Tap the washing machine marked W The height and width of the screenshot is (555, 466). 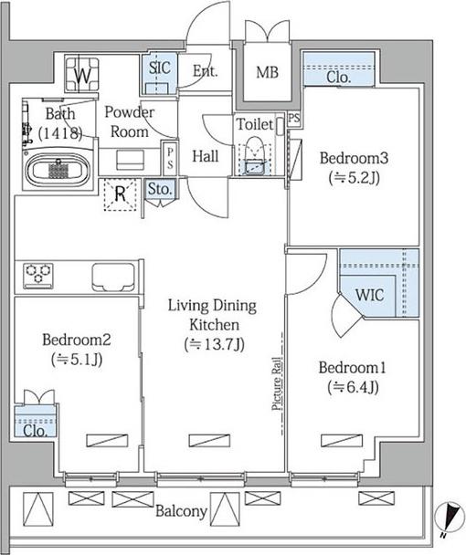(x=82, y=74)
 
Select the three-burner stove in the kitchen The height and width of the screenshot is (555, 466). (x=38, y=276)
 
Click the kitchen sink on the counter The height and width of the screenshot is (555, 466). (x=113, y=277)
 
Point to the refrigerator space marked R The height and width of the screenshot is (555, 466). (x=120, y=194)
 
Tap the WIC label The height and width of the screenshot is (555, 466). (x=370, y=295)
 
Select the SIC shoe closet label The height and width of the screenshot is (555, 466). (x=160, y=68)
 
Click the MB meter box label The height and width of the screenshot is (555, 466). (x=267, y=72)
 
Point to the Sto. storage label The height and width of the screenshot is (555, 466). (x=160, y=189)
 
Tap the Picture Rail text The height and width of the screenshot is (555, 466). (x=277, y=383)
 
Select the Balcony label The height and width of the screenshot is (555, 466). (x=181, y=511)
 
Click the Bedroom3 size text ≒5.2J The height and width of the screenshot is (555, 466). (x=355, y=178)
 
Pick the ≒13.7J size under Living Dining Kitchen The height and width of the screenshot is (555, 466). (x=214, y=344)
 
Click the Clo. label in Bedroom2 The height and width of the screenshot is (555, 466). (x=35, y=431)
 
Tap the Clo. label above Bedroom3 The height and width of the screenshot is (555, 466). (x=339, y=77)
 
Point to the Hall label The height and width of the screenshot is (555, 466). (x=206, y=156)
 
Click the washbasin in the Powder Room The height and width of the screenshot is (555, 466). (x=130, y=161)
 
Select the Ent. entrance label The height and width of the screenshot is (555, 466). (x=206, y=71)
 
